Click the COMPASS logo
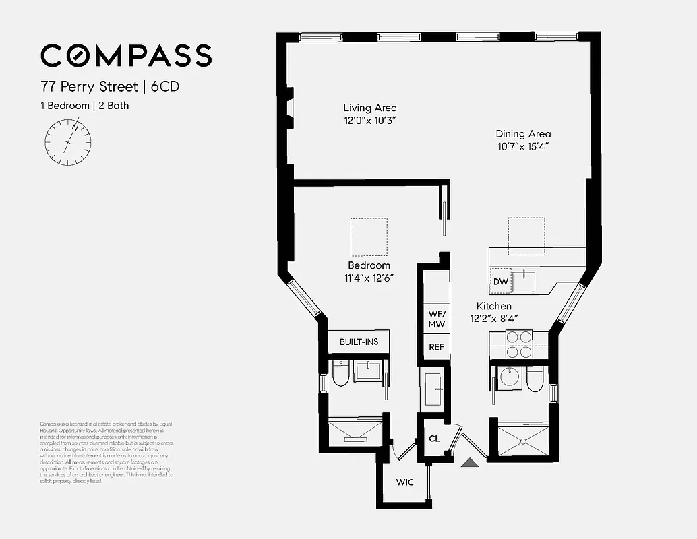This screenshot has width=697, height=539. click(126, 55)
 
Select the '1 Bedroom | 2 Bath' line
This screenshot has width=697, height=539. click(84, 105)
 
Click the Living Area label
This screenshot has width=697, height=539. click(369, 108)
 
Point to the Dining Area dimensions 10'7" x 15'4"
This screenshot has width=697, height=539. click(524, 146)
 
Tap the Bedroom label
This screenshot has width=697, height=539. click(369, 265)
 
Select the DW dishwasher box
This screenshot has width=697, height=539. click(500, 282)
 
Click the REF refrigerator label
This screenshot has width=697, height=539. click(436, 347)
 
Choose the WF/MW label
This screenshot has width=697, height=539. click(436, 319)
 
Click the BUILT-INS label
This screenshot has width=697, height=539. click(359, 342)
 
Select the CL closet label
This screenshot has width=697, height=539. click(434, 439)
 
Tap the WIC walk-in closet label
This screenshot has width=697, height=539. click(404, 482)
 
